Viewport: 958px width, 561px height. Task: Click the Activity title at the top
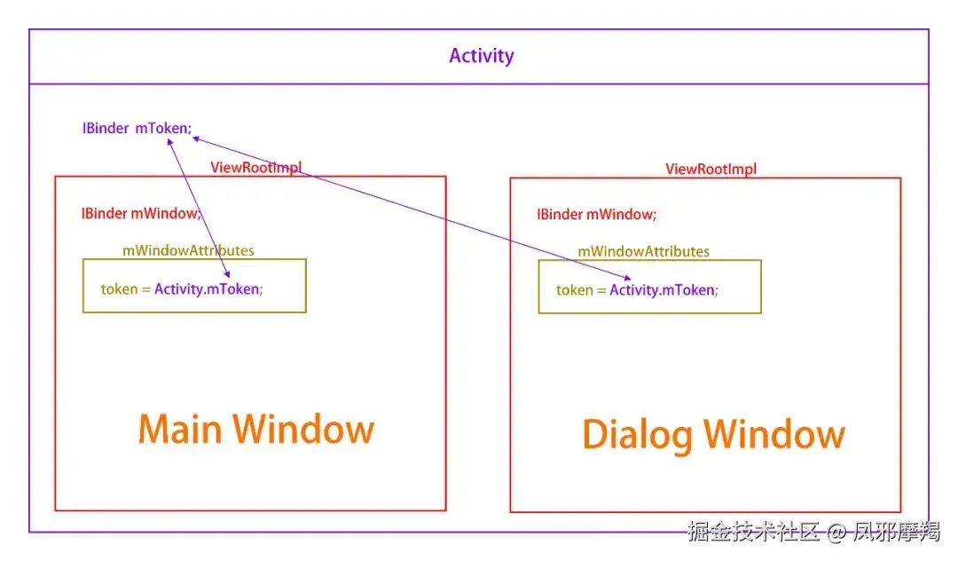(482, 56)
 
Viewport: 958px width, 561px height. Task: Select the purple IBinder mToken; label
(137, 129)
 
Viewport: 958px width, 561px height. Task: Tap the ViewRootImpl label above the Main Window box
(256, 168)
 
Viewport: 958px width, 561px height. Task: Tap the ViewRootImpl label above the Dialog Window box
(711, 170)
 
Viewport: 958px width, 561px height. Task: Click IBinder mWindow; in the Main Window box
(141, 213)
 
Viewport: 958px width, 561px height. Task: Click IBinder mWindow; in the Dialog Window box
(596, 215)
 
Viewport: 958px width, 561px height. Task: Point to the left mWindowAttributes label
(188, 250)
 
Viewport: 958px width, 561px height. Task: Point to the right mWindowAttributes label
(643, 252)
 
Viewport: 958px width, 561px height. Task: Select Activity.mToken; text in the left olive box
(208, 289)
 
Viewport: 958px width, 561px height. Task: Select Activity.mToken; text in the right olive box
(664, 290)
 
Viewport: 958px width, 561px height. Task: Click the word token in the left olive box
(119, 289)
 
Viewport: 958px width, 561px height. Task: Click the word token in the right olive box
(574, 290)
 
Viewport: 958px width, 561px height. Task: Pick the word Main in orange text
(179, 429)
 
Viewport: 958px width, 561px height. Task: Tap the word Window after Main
(303, 429)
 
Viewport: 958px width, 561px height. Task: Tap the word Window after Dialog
(774, 434)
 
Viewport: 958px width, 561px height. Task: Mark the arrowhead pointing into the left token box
(227, 274)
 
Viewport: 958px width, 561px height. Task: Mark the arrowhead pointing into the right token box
(627, 278)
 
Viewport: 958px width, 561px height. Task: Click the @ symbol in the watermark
(836, 533)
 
